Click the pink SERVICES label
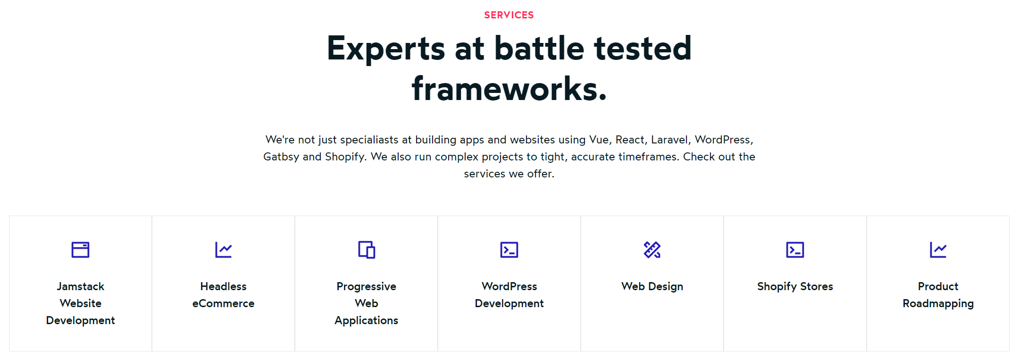tap(509, 15)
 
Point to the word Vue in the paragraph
tap(599, 140)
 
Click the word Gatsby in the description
tap(281, 157)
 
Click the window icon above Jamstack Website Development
tap(80, 250)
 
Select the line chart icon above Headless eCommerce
tap(224, 250)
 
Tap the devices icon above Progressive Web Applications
tap(367, 250)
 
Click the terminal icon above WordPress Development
tap(509, 250)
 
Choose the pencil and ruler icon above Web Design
tap(652, 250)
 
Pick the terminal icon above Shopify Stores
tap(795, 250)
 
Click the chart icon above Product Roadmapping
tap(938, 250)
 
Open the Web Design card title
tap(652, 286)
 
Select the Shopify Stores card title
tap(795, 286)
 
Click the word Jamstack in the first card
tap(81, 286)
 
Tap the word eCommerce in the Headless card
tap(224, 303)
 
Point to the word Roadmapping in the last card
tap(938, 304)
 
